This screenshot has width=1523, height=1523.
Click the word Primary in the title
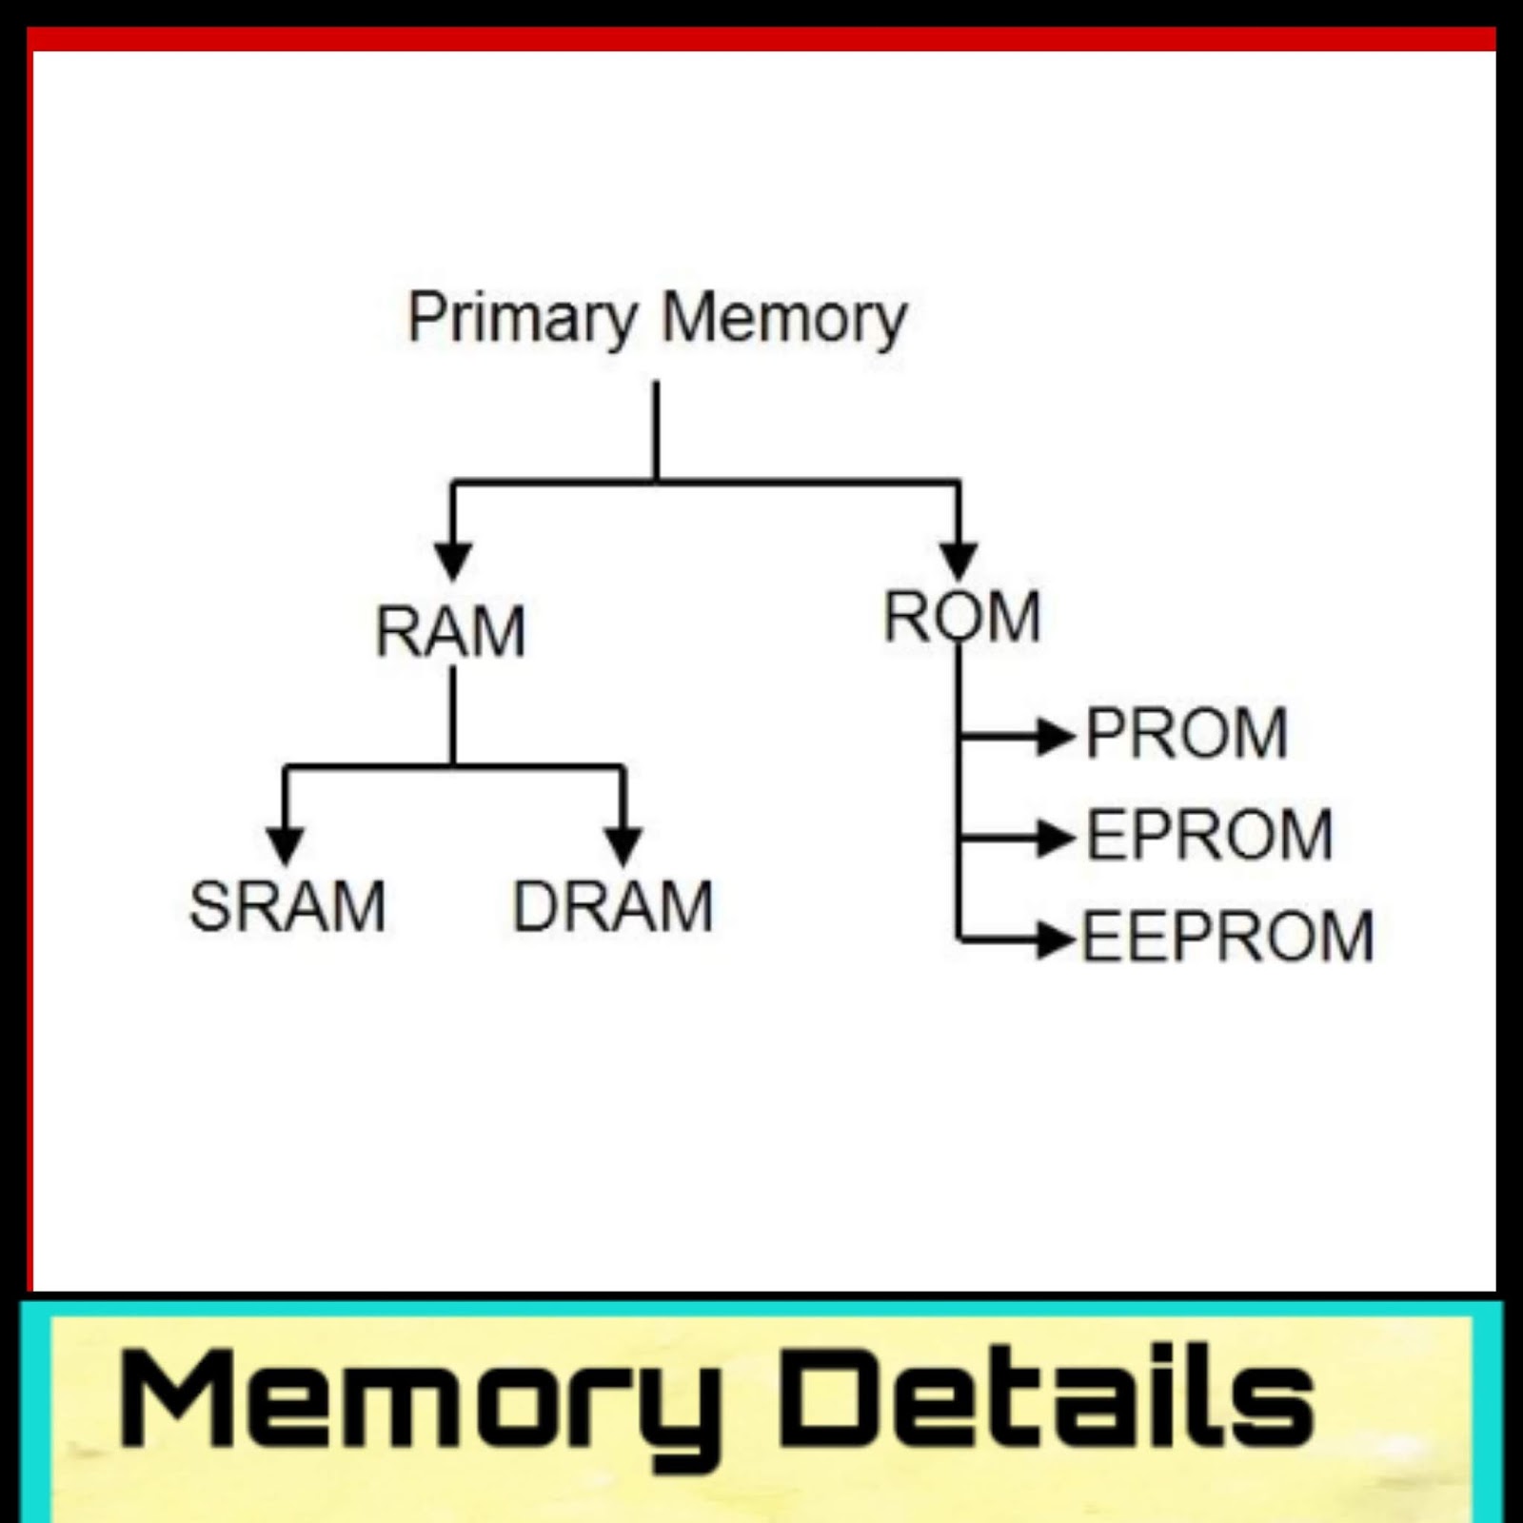[x=522, y=318]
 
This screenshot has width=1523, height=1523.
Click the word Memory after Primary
[x=783, y=318]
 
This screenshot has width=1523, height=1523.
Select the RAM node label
[x=450, y=631]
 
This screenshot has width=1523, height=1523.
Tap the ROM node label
[x=961, y=617]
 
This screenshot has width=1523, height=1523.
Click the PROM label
[x=1187, y=734]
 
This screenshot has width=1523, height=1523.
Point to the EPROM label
[x=1209, y=836]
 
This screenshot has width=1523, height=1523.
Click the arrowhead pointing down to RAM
[x=453, y=560]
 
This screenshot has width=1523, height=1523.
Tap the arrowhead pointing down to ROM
[x=959, y=560]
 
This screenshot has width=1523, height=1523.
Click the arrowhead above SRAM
[x=285, y=844]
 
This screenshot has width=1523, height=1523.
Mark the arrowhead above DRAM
[x=623, y=844]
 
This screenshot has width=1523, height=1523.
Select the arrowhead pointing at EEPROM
[x=1055, y=940]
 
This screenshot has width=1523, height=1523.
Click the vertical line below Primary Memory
[x=656, y=428]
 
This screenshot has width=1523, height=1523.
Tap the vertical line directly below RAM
[x=453, y=714]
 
